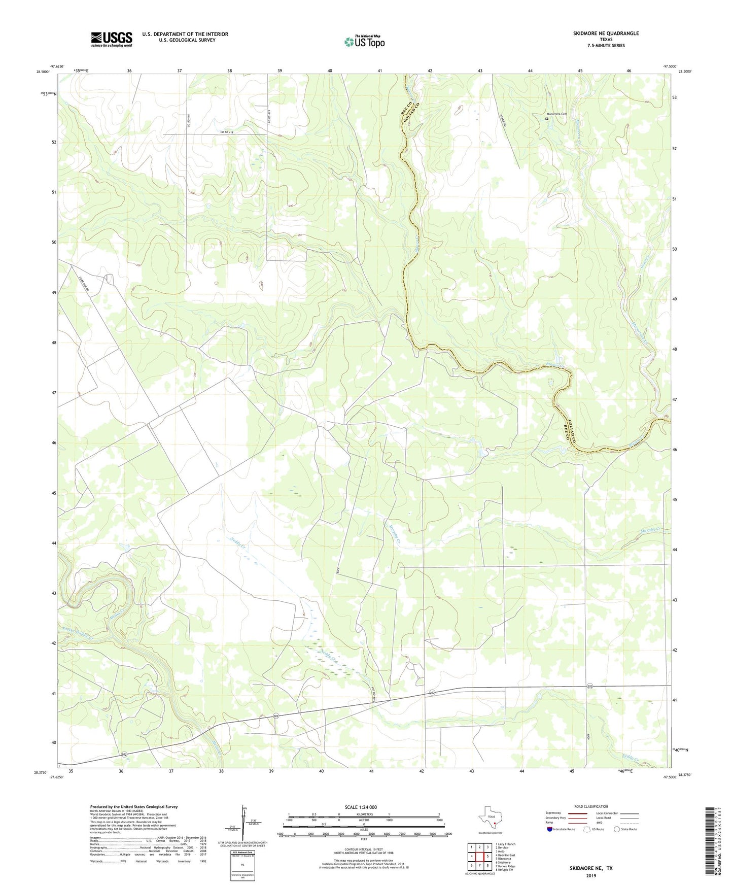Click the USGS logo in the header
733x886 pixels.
pos(111,39)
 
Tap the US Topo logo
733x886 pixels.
pos(364,42)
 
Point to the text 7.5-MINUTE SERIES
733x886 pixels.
pos(606,46)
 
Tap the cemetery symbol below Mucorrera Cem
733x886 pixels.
pos(547,119)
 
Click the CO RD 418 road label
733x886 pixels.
pos(226,132)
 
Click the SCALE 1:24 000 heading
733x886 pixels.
pos(360,807)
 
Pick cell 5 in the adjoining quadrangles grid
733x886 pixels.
pos(487,856)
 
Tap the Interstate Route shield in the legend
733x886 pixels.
pos(550,829)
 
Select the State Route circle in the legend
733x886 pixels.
pos(616,829)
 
